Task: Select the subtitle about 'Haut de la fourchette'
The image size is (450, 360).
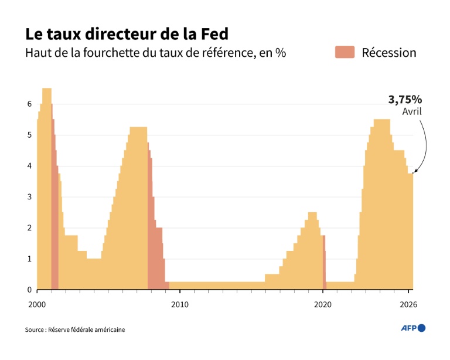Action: coord(155,53)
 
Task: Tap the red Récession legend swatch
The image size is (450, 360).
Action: coord(345,52)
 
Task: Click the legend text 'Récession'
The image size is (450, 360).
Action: coord(388,53)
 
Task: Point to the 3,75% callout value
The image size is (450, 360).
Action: coord(405,100)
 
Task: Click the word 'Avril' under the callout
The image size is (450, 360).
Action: coord(411,111)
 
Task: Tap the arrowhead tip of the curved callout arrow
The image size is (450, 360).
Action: coord(414,172)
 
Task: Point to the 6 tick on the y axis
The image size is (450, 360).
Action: coord(29,104)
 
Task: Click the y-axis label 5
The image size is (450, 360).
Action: coord(29,135)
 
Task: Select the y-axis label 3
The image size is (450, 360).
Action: coord(29,197)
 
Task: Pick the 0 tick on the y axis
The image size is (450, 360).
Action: coord(29,290)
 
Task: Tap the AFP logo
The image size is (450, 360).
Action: coord(412,328)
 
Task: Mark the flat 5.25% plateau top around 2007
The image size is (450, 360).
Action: coord(138,128)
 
